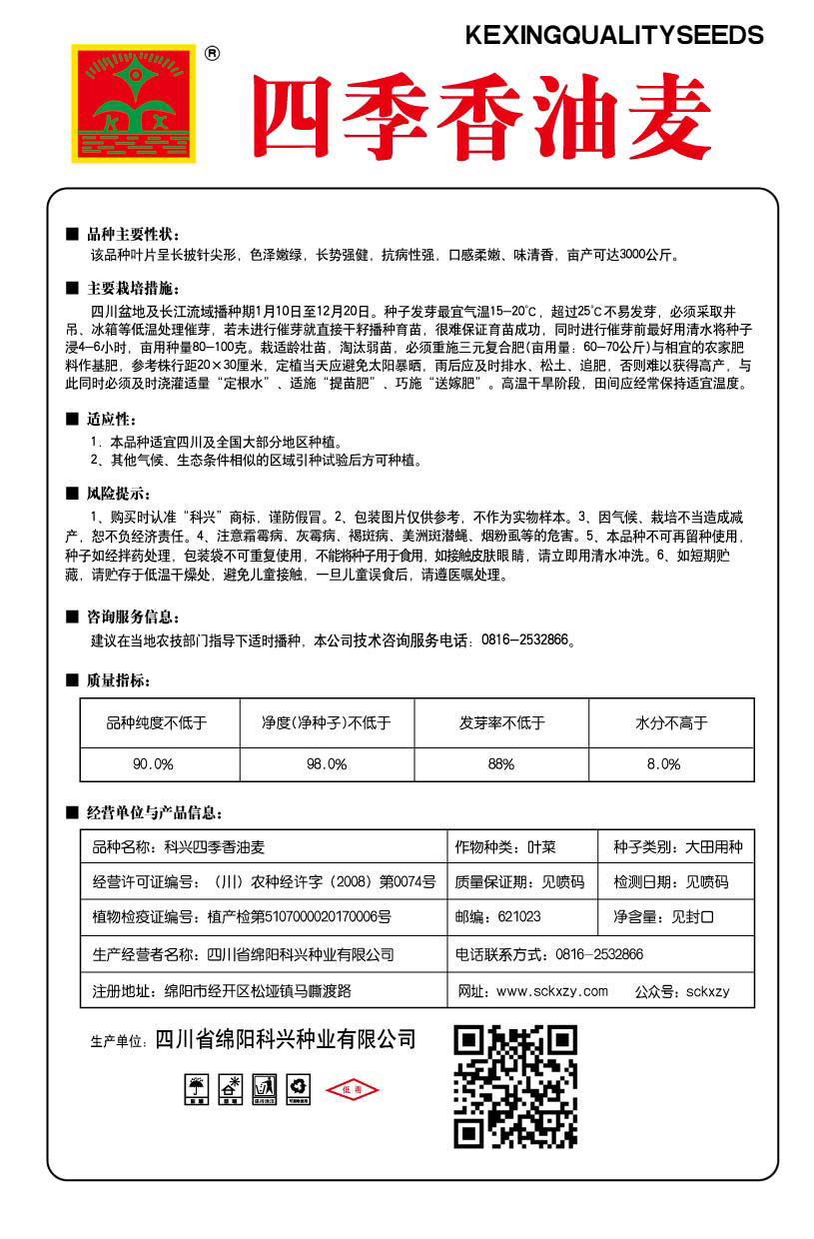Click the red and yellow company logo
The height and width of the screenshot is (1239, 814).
[134, 103]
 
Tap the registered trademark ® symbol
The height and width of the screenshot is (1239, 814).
[212, 55]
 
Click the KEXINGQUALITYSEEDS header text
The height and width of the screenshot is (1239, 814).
[614, 36]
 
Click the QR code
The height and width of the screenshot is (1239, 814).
[515, 1086]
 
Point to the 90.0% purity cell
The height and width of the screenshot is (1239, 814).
[153, 763]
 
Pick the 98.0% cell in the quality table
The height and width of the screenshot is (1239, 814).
[327, 763]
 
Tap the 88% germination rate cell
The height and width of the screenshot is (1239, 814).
[500, 763]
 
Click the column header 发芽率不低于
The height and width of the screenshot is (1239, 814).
[501, 721]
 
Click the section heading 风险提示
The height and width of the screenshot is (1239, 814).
[118, 494]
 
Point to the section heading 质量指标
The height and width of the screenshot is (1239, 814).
[118, 680]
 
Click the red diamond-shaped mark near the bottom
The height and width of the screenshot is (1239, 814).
[354, 1088]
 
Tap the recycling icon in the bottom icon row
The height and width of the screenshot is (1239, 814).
[298, 1088]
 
